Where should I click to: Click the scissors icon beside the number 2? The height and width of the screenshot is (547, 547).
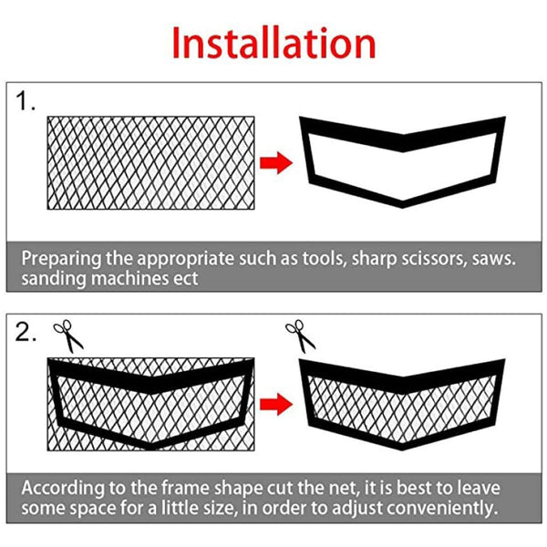(x=67, y=335)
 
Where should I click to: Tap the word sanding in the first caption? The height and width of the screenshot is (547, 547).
(x=52, y=279)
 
